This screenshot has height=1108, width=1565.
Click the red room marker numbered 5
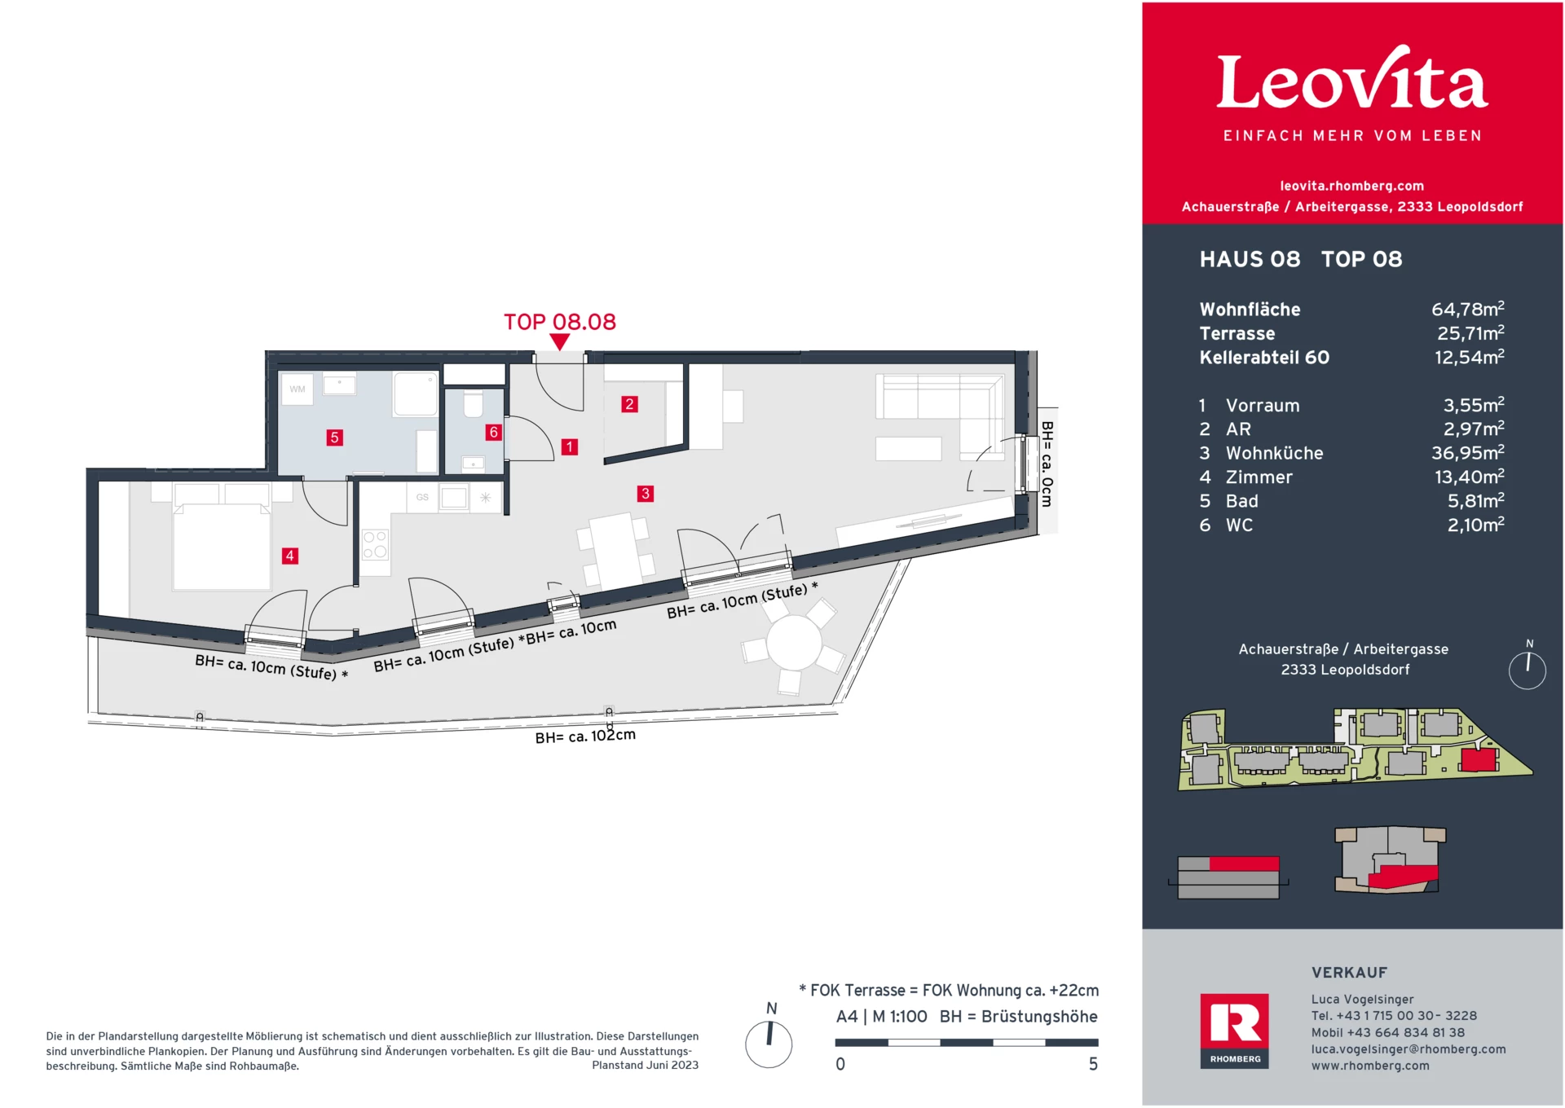(334, 437)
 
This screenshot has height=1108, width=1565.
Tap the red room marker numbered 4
(289, 556)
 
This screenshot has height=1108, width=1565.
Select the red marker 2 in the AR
(628, 404)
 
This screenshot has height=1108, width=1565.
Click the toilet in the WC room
(473, 404)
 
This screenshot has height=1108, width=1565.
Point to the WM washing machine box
(297, 389)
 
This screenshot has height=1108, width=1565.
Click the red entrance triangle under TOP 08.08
(560, 342)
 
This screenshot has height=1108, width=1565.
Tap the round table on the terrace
(794, 643)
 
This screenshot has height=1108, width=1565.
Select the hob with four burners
(375, 544)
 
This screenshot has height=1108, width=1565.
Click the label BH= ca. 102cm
(584, 736)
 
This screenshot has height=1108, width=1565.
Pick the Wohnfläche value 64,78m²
(1467, 310)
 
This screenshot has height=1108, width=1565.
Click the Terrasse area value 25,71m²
(1470, 333)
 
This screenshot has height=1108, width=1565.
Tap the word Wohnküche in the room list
(1274, 453)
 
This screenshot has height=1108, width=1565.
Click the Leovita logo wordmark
(1351, 81)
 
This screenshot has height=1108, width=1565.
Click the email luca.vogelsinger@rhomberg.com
(1408, 1049)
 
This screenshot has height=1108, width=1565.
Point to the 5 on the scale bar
(1093, 1064)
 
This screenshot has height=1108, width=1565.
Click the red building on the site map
(1479, 760)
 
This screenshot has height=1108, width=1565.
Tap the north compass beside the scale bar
(769, 1044)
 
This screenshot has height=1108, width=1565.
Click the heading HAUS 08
(1250, 259)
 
